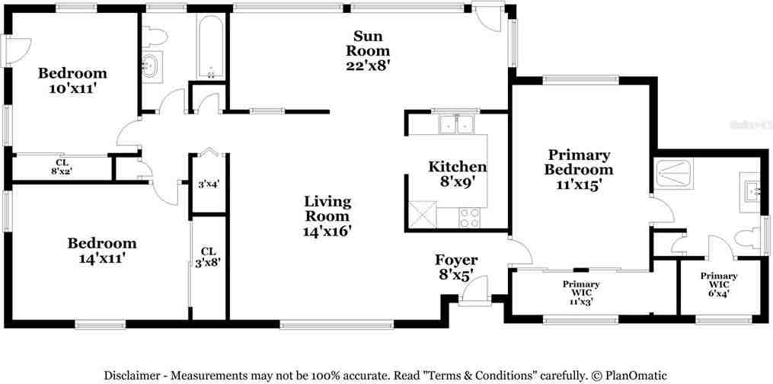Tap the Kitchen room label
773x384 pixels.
coord(457,174)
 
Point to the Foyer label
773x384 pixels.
coord(455,267)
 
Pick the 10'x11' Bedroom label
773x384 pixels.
coord(72,81)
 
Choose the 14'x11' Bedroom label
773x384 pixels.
coord(102,251)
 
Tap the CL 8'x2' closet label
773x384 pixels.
coord(60,167)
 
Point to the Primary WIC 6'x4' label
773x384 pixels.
coord(718,284)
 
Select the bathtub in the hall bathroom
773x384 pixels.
coord(210,47)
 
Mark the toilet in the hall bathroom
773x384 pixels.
coord(155,37)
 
